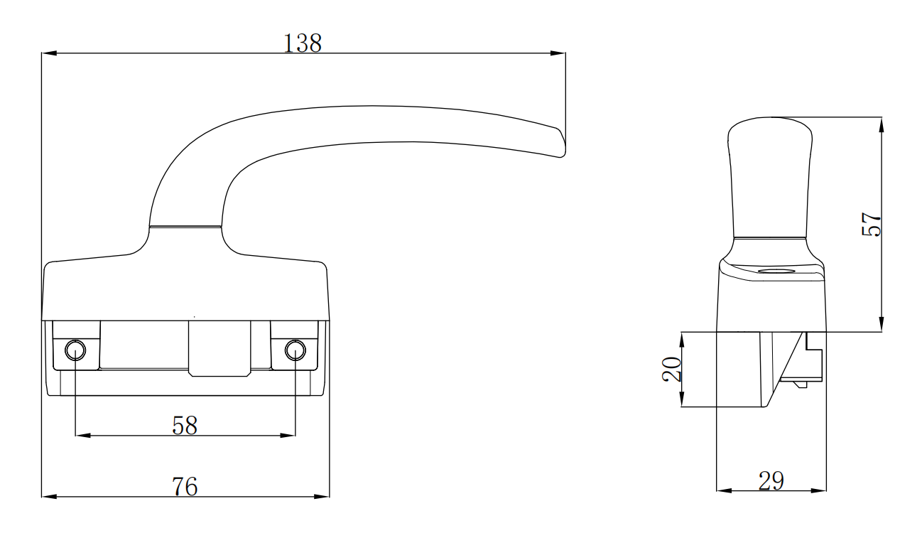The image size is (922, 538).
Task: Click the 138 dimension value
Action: pos(303,43)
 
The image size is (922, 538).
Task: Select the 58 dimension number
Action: pos(185,425)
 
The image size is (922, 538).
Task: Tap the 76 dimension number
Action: pos(185,487)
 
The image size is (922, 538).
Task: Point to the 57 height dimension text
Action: pos(871,225)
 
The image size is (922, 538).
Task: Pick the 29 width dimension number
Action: pos(771,481)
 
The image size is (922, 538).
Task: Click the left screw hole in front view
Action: pos(75,350)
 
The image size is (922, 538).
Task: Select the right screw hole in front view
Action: pos(295,350)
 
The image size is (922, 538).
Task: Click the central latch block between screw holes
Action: pos(219,348)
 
